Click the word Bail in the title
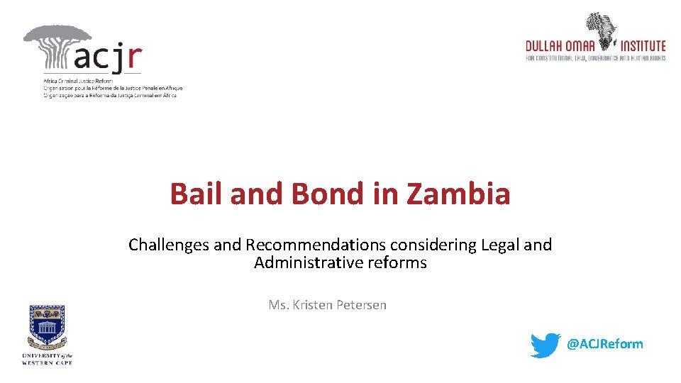[194, 194]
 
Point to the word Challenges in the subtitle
[169, 245]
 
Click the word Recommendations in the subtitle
[314, 245]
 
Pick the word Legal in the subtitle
[501, 245]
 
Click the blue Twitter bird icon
[546, 345]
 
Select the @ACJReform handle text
[604, 345]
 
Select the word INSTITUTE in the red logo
[641, 46]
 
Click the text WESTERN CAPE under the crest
[48, 362]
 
